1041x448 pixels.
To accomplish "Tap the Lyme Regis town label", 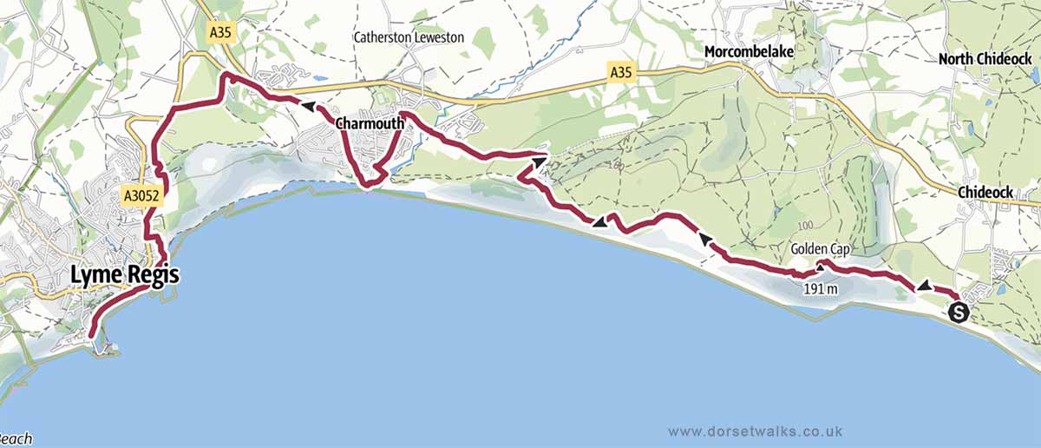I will (x=125, y=276).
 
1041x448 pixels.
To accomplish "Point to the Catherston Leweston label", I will (x=409, y=37).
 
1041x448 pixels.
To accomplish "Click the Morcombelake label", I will (x=749, y=52).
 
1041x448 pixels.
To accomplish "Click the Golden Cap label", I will (x=819, y=249).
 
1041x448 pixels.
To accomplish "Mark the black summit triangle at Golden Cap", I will (x=820, y=268).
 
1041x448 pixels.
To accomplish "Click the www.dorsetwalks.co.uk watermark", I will (x=756, y=431).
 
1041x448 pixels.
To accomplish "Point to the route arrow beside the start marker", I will (x=925, y=286).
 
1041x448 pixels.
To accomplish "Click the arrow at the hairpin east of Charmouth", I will (x=539, y=160).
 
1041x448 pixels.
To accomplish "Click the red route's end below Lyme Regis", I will (x=91, y=333).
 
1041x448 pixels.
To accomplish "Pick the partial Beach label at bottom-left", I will (x=16, y=439).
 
